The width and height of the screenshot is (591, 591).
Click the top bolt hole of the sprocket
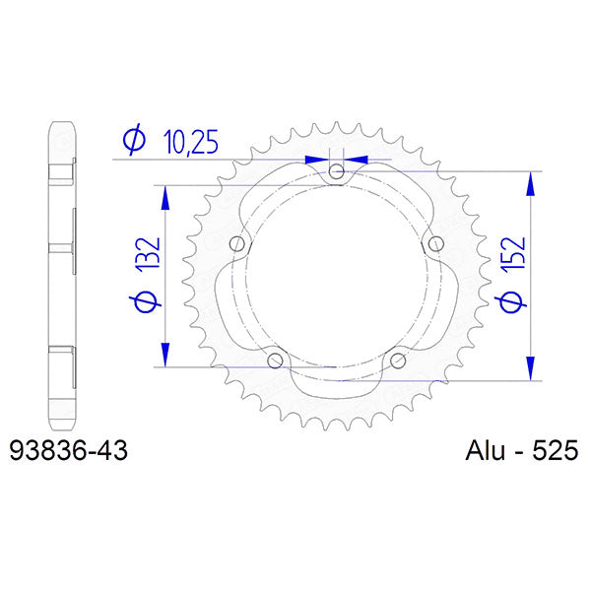pyautogui.click(x=337, y=172)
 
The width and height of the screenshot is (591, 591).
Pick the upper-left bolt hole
pyautogui.click(x=236, y=244)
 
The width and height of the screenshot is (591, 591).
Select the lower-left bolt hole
pyautogui.click(x=275, y=361)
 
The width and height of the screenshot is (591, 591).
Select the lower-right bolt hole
pyautogui.click(x=398, y=361)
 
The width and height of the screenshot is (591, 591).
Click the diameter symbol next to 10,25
pyautogui.click(x=134, y=143)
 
